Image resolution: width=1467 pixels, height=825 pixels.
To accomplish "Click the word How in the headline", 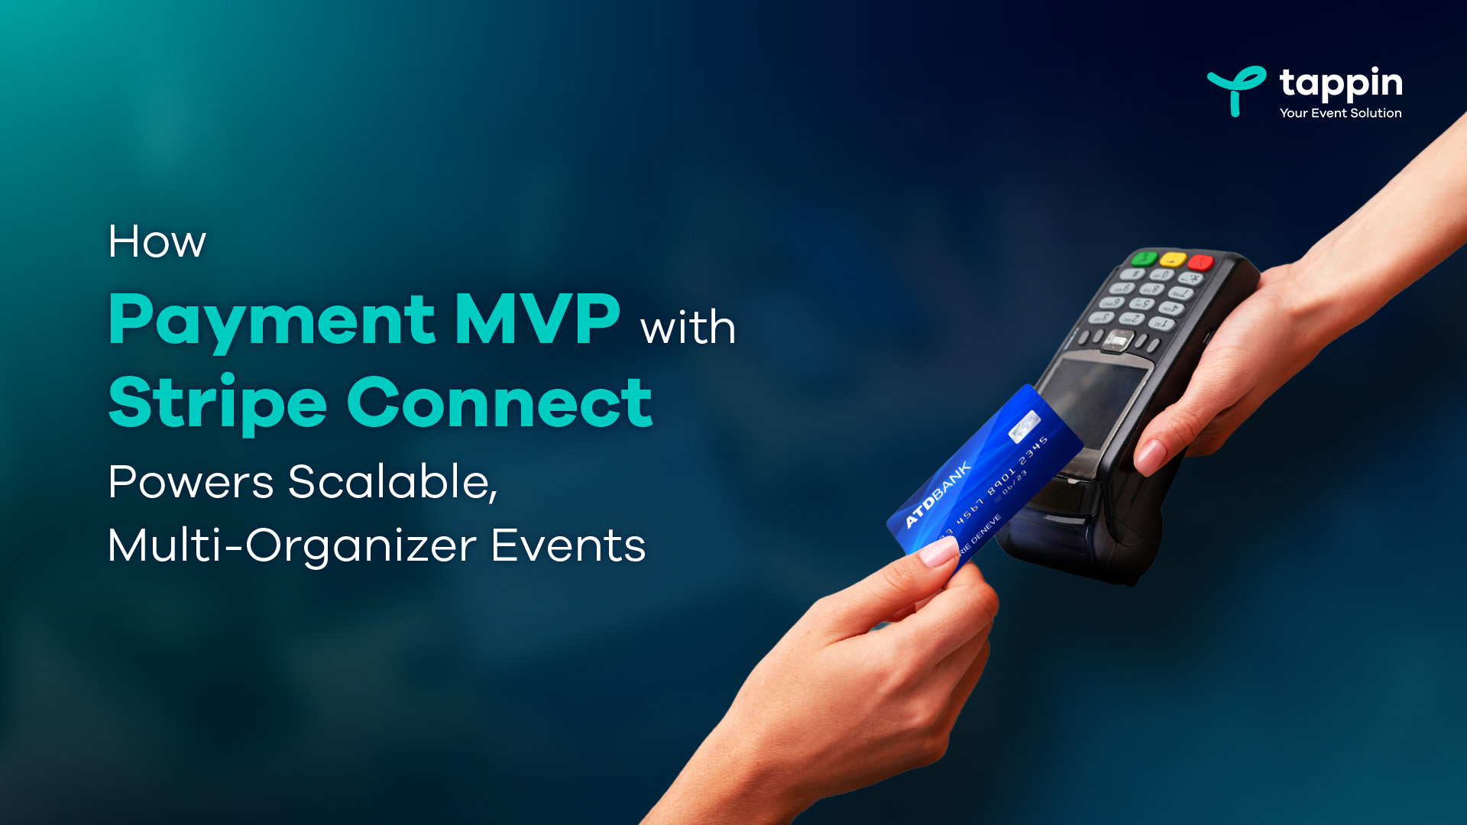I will click(x=157, y=242).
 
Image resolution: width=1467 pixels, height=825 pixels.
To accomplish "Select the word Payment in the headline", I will click(x=272, y=321).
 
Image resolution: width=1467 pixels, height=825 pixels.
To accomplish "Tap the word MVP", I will click(x=536, y=319).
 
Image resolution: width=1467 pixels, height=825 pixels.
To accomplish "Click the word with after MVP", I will click(x=688, y=328).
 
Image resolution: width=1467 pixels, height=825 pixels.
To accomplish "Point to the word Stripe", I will click(x=218, y=403).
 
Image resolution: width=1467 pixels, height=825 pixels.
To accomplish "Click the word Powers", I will click(x=190, y=482).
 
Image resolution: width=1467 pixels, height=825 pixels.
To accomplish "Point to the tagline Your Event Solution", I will click(x=1340, y=113).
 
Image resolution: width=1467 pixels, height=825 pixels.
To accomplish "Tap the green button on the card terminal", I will click(x=1144, y=257).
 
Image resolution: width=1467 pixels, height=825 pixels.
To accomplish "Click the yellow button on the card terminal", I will click(x=1172, y=259).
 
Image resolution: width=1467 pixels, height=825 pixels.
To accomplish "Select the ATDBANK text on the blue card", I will click(x=938, y=494).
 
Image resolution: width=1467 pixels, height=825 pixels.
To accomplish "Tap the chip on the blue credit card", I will click(x=1024, y=426).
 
